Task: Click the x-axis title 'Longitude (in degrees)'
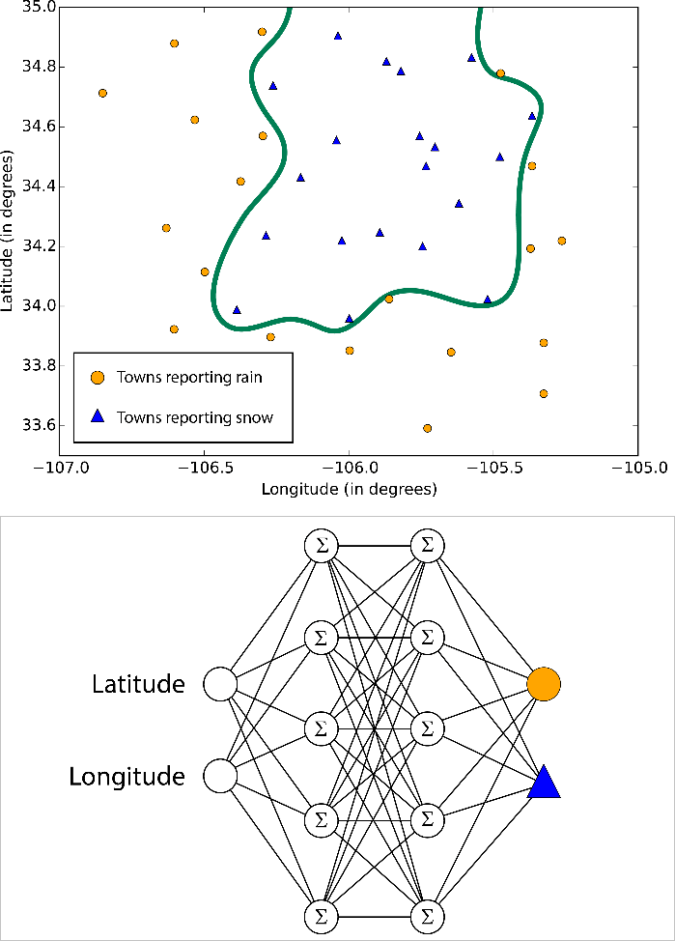point(349,489)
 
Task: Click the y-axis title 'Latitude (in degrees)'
point(10,230)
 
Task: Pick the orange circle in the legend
point(97,377)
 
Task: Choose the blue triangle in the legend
point(97,417)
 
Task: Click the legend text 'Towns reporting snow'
point(194,418)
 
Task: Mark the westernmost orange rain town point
point(102,93)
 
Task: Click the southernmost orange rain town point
point(428,428)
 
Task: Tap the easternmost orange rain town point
point(562,241)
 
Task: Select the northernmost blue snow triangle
point(338,36)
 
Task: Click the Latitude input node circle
point(220,685)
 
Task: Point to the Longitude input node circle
point(220,776)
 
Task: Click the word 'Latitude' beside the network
point(138,685)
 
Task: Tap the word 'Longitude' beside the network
point(127,776)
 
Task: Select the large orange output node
point(544,683)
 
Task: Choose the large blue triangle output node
point(544,783)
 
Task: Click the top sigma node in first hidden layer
point(322,547)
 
